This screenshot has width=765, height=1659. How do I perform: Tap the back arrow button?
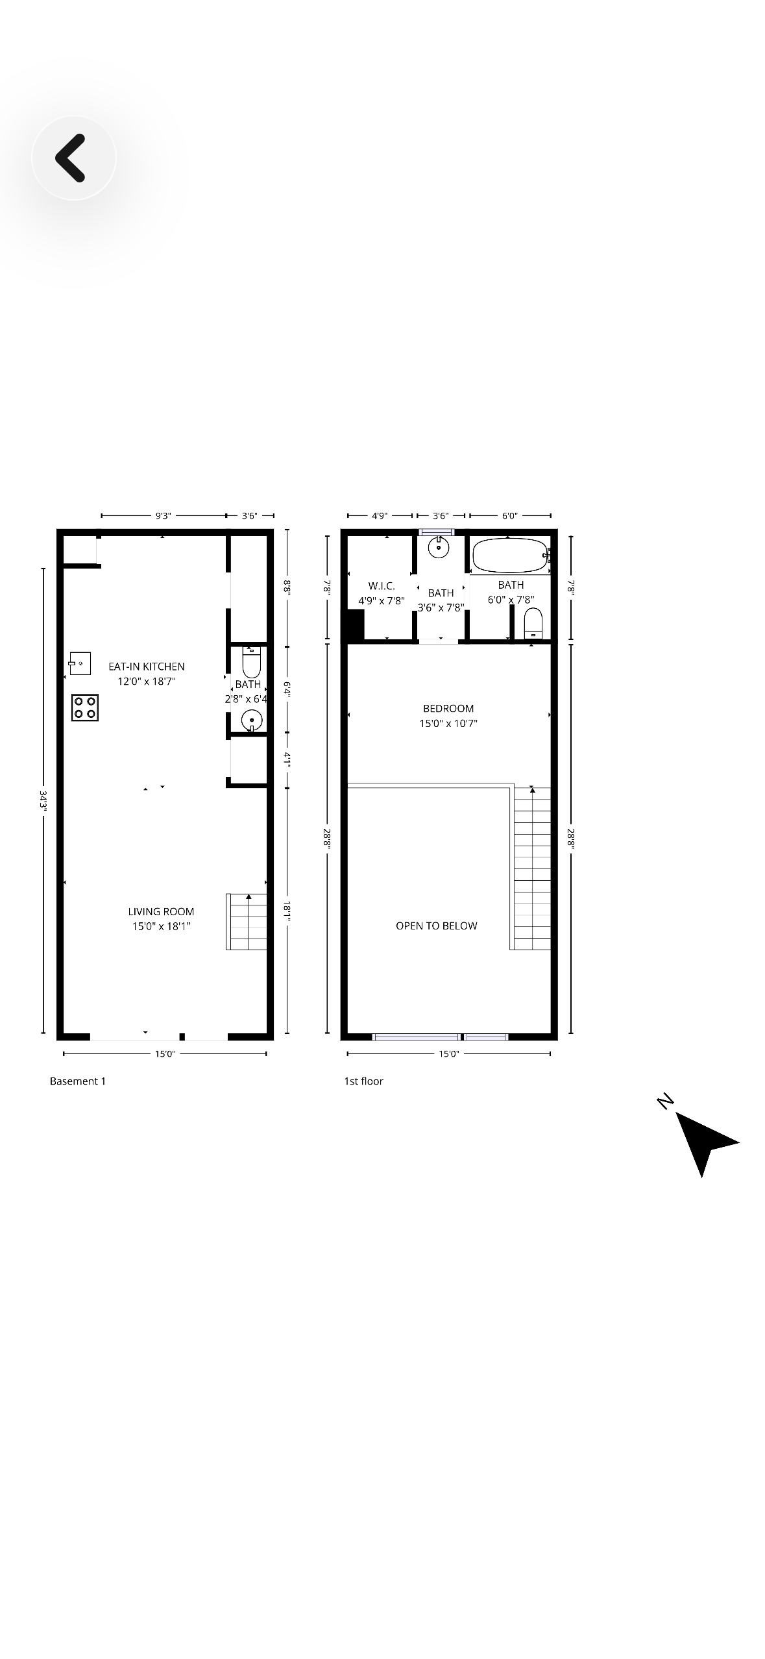click(73, 158)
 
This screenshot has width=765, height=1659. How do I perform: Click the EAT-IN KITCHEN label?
click(147, 667)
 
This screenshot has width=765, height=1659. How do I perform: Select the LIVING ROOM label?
click(161, 912)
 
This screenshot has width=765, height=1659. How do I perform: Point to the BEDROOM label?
click(448, 709)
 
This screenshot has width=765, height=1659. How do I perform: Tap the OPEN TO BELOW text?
click(436, 926)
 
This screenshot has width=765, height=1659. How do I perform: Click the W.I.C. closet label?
click(382, 586)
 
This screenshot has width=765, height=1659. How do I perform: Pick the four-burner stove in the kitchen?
click(85, 707)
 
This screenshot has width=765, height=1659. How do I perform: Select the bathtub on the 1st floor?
click(510, 556)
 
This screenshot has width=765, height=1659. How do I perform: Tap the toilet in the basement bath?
click(251, 662)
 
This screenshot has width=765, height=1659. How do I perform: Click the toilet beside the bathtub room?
click(533, 624)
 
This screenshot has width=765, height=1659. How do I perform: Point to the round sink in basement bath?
click(251, 720)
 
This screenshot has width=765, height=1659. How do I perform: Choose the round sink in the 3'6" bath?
click(439, 547)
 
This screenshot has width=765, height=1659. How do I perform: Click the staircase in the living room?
click(247, 922)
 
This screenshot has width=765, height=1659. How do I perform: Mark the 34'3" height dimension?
click(43, 801)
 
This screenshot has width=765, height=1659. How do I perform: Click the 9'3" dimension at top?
click(163, 516)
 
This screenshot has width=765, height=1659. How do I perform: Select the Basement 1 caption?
click(78, 1081)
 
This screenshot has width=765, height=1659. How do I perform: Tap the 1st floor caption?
click(363, 1081)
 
